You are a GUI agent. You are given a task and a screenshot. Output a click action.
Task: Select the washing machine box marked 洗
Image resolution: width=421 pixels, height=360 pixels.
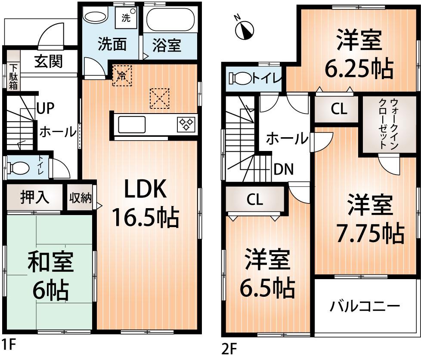click(x=127, y=18)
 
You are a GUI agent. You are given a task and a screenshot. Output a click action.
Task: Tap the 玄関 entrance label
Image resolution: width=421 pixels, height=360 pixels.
click(x=48, y=62)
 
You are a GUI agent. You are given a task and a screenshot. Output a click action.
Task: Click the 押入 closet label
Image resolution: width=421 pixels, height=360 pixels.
click(x=35, y=198)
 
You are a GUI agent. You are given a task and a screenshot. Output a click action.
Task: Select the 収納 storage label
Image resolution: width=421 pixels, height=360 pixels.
click(x=80, y=198)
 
